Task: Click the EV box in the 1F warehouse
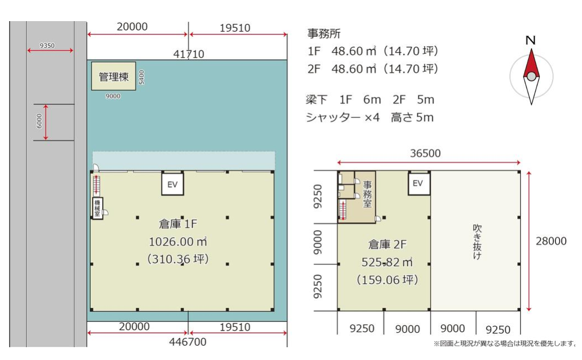tap(172, 184)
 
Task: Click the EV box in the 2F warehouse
tap(419, 183)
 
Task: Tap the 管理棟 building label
tap(113, 77)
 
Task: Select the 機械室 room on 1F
tap(97, 208)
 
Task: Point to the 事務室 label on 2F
tap(367, 194)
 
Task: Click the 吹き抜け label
tap(477, 242)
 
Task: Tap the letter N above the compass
tap(530, 40)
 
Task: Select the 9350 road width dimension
tap(47, 46)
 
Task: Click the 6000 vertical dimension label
tap(39, 121)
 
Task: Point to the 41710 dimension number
tap(188, 54)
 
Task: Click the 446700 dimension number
tap(188, 342)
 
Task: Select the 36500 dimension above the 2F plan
tap(425, 153)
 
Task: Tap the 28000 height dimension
tap(551, 241)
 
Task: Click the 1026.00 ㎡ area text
tap(178, 242)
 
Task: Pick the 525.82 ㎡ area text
tap(387, 262)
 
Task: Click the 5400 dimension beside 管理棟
tap(141, 77)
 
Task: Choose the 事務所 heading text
tap(324, 34)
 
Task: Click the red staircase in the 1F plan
tap(97, 185)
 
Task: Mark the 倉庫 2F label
tap(387, 244)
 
